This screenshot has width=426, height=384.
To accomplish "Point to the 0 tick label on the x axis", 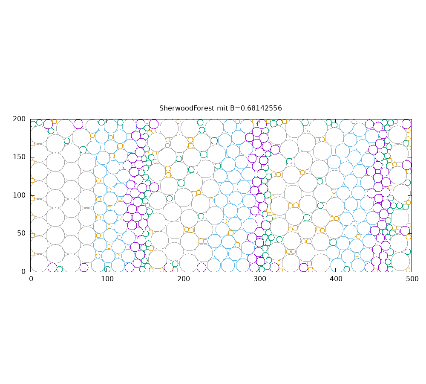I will click(x=31, y=279).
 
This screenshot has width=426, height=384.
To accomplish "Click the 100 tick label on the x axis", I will click(x=107, y=279).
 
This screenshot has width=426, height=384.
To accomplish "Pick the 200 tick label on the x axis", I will click(x=183, y=279).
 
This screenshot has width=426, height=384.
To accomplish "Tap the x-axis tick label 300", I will click(x=259, y=279).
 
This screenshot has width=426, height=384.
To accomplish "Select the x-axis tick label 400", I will click(x=336, y=279).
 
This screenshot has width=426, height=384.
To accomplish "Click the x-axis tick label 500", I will click(x=412, y=279).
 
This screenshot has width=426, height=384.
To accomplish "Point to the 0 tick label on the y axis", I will click(x=24, y=271).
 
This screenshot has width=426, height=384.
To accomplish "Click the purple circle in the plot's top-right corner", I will click(x=406, y=124).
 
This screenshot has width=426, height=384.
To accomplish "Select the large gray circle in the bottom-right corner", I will click(x=400, y=261).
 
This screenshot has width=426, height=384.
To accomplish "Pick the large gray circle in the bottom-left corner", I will click(x=39, y=263).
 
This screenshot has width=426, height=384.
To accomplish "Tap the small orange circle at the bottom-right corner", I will click(x=408, y=270).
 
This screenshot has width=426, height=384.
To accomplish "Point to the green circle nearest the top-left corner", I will click(x=33, y=124).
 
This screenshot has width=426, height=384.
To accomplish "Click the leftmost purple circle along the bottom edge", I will click(x=52, y=268).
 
